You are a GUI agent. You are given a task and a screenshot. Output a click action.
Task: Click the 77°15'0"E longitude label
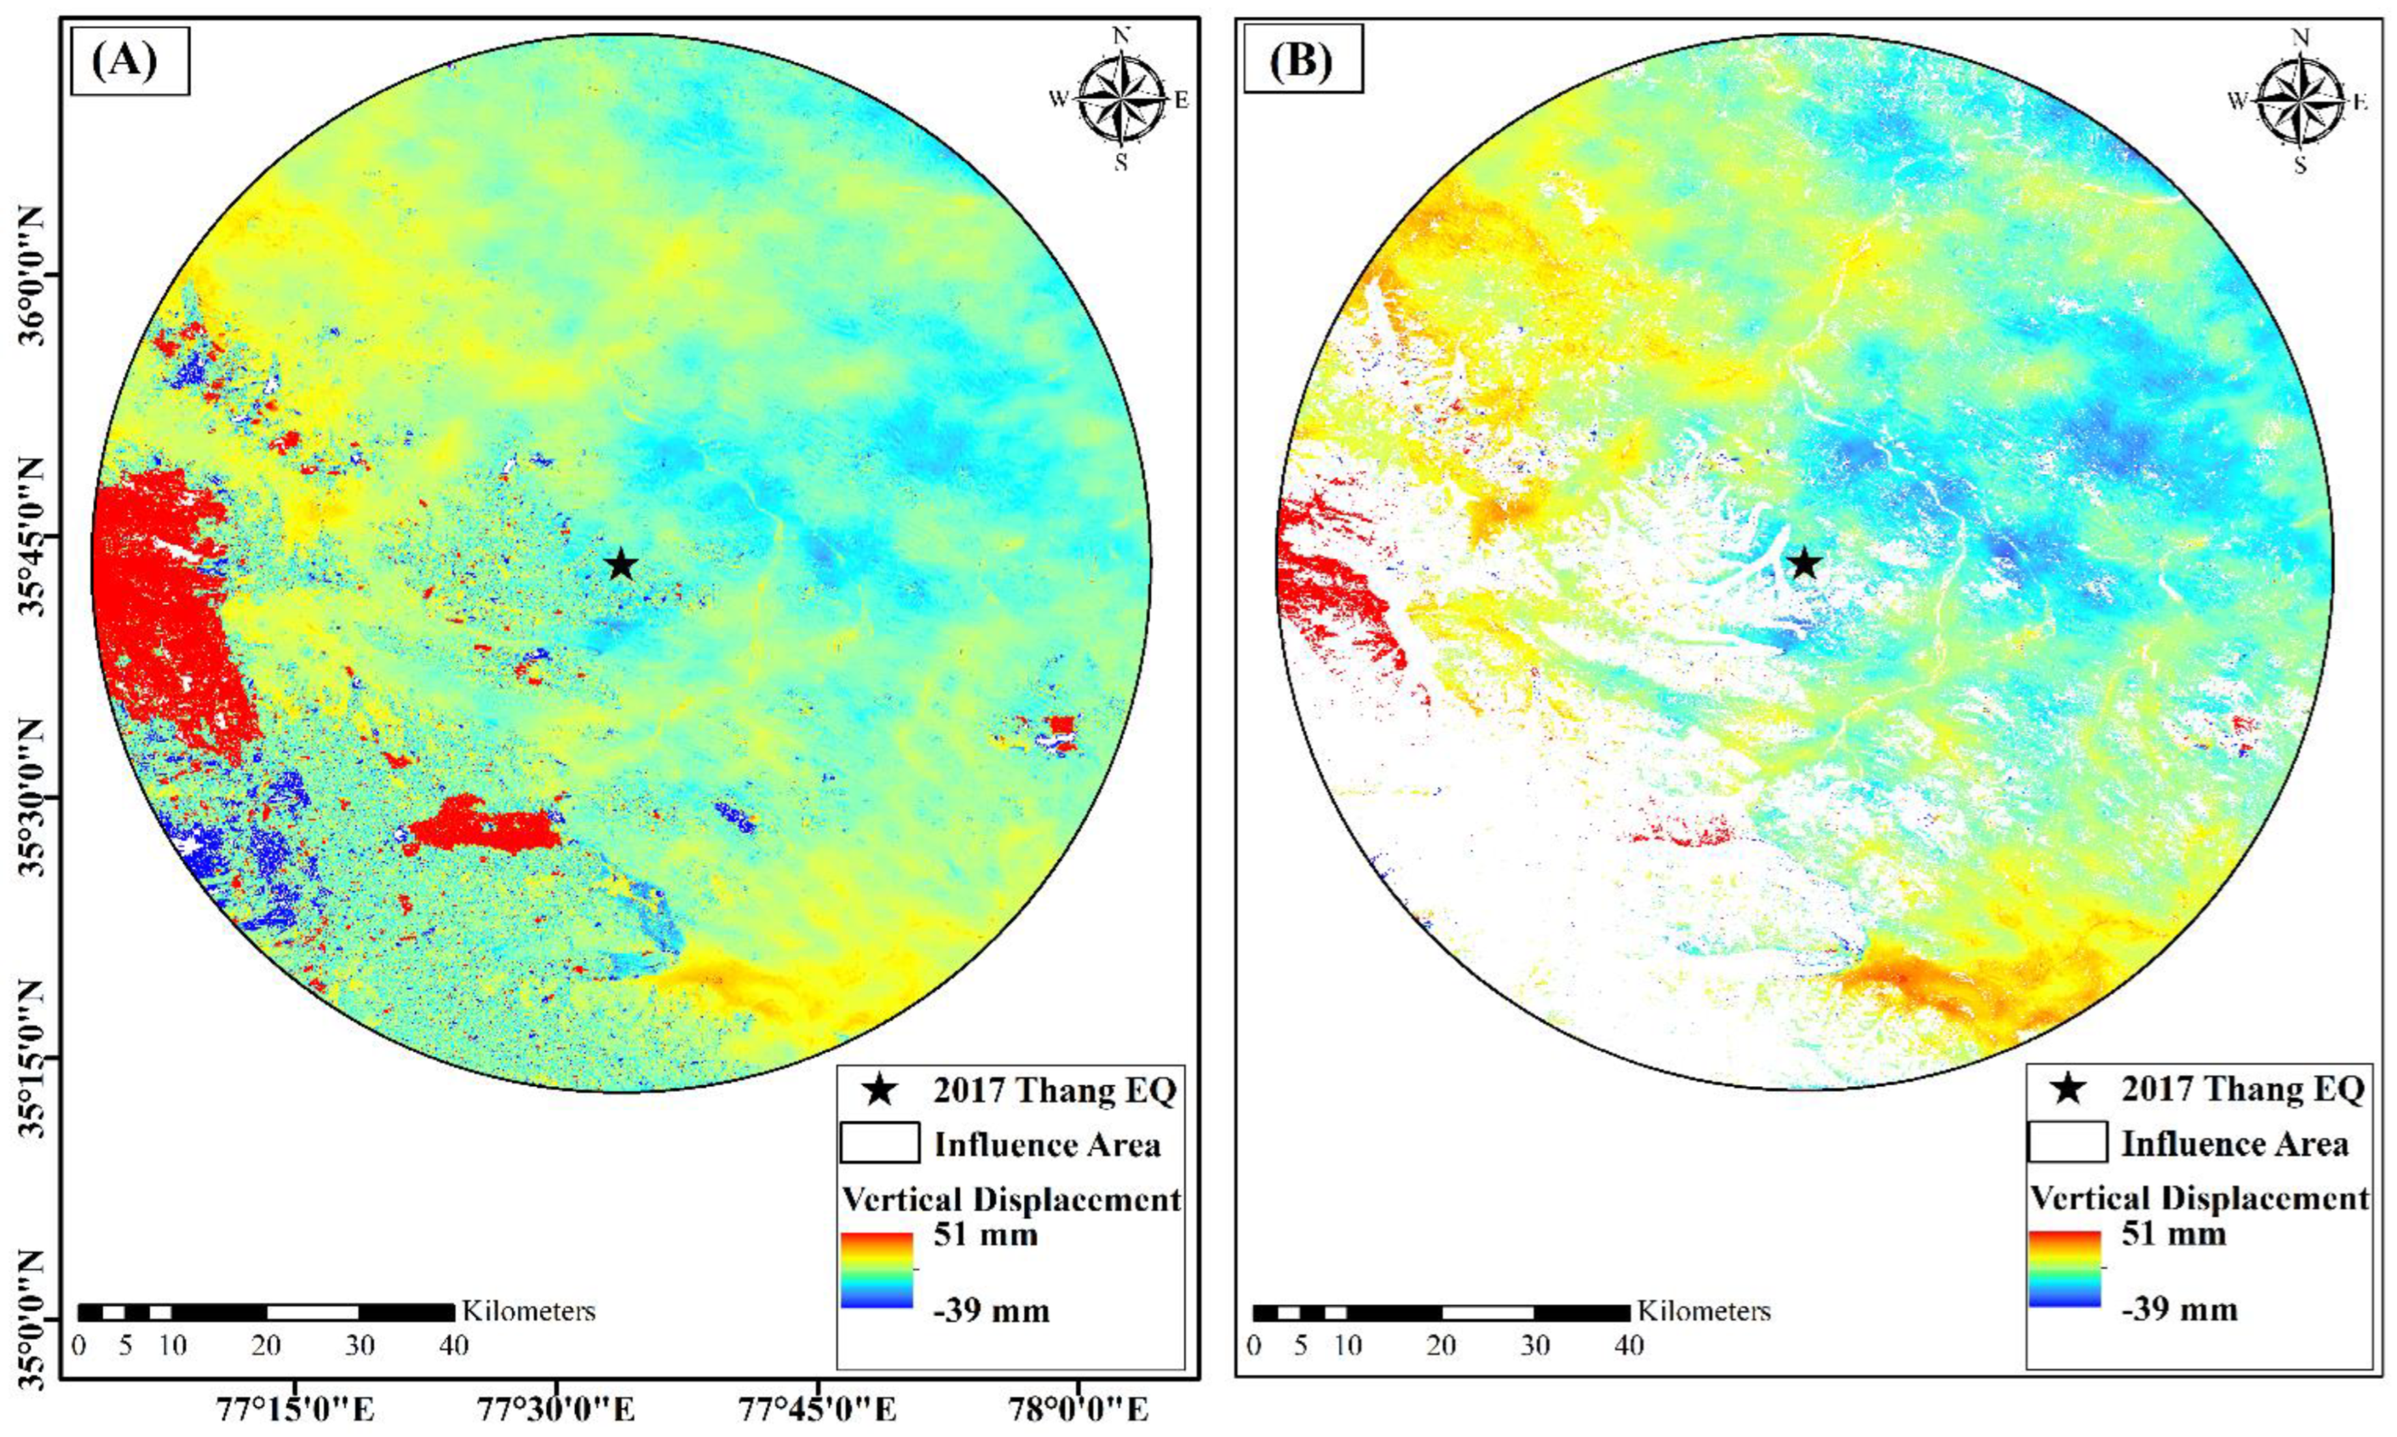(x=296, y=1409)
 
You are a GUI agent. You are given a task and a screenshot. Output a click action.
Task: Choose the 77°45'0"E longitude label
(x=817, y=1409)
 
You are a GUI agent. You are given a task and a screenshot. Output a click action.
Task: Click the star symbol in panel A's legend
(x=878, y=1091)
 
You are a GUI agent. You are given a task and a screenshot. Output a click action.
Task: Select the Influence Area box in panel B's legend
(x=2067, y=1143)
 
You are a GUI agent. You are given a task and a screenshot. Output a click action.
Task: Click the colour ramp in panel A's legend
(x=876, y=1270)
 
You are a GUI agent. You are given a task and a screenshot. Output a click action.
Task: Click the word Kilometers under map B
(x=1703, y=1311)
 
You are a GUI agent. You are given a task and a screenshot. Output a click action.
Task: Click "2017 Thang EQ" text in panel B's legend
(x=2242, y=1089)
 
